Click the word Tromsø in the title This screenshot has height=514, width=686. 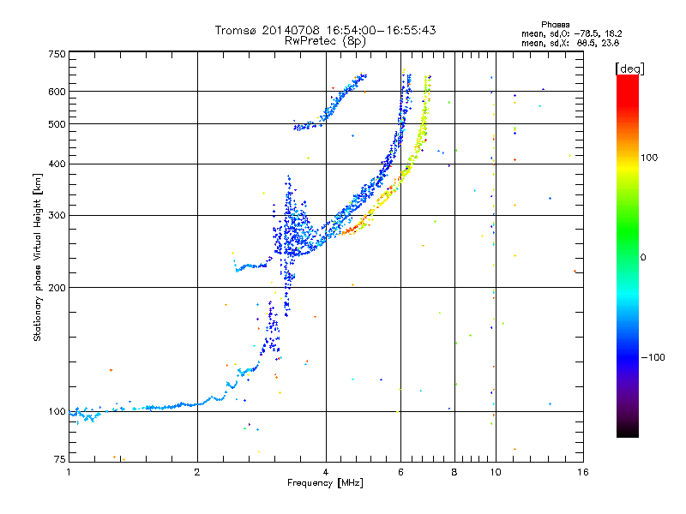(235, 30)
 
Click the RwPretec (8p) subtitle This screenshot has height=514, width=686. (325, 41)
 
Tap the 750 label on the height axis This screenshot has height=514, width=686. (57, 54)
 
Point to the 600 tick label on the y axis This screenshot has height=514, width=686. (57, 92)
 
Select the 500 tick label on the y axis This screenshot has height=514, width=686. (57, 124)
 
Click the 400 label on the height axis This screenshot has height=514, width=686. (57, 164)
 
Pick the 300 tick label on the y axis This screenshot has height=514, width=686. (57, 216)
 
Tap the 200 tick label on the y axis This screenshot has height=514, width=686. (57, 288)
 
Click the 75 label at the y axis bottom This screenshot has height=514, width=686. (60, 459)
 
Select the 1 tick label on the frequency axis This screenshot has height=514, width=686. (69, 472)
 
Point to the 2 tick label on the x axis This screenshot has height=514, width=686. (197, 472)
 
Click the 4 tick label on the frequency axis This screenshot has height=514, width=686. (326, 472)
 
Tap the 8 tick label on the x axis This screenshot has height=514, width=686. (454, 472)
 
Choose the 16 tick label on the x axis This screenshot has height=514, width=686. (583, 472)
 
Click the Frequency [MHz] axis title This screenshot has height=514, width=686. (325, 483)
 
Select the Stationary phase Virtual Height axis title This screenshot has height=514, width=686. (37, 258)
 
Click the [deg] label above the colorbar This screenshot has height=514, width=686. (629, 69)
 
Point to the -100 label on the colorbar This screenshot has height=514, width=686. (653, 357)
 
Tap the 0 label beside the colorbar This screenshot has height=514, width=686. (643, 258)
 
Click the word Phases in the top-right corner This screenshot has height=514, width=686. (555, 25)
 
